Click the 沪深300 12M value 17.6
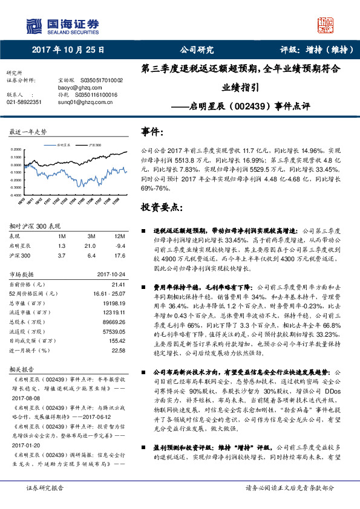point(119,256)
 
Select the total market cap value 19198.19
point(113,302)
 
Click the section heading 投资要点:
point(160,207)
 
